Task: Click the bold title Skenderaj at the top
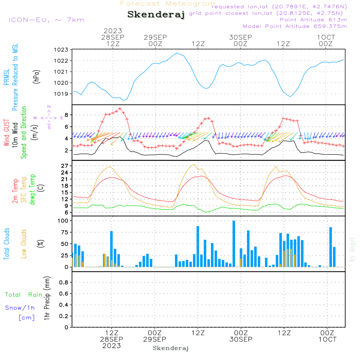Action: (156, 14)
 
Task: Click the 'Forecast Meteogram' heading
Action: (168, 4)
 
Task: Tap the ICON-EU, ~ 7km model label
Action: (46, 19)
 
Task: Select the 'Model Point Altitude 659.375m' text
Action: (295, 26)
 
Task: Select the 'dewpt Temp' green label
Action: (33, 189)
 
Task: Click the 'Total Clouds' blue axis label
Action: (6, 244)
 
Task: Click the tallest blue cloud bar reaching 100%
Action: (234, 244)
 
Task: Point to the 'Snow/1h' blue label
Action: (20, 308)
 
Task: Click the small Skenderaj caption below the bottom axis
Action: (171, 348)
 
